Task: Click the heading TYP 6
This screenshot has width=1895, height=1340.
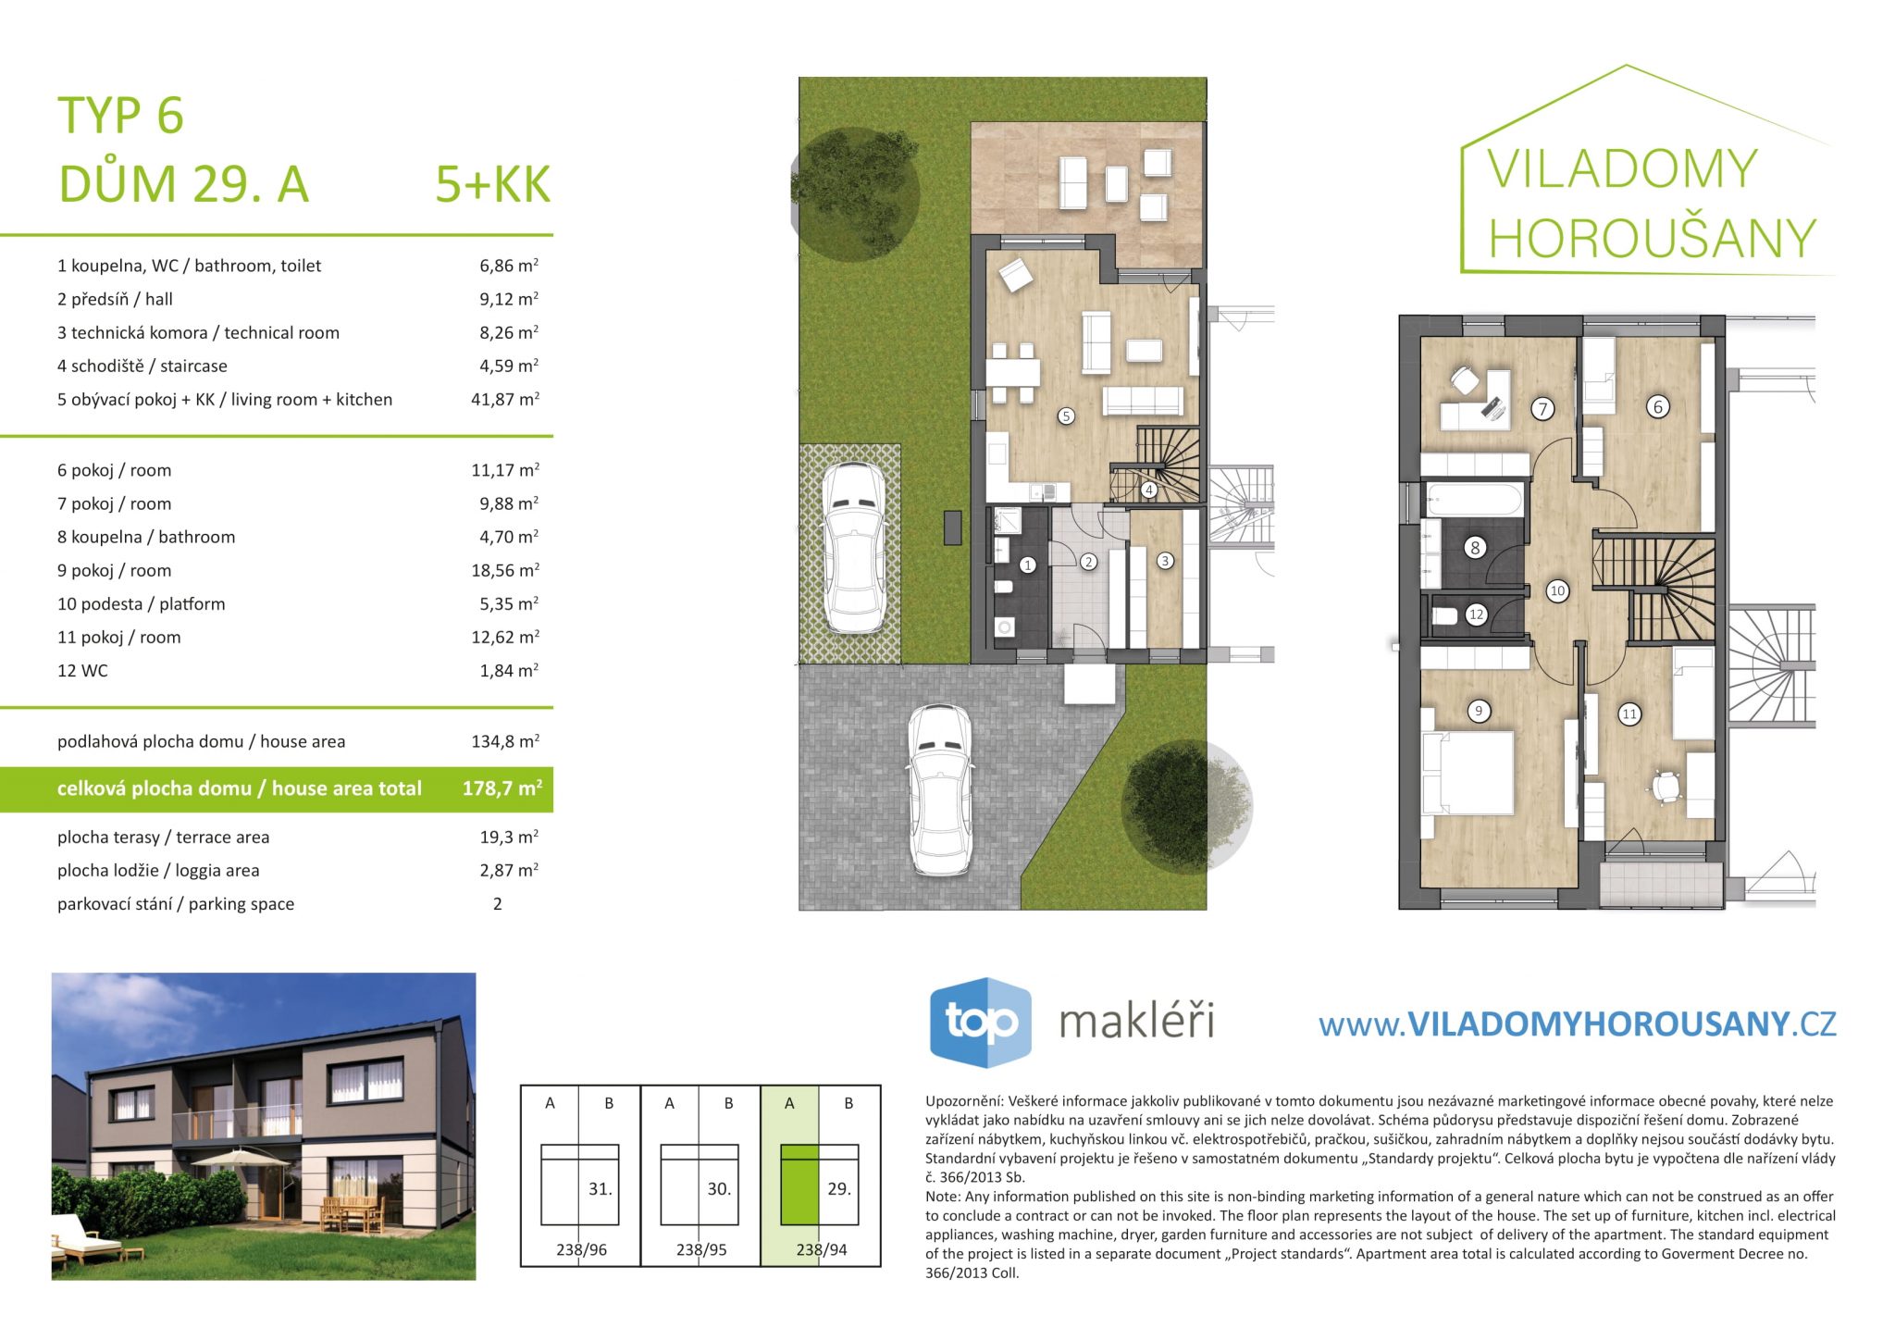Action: point(120,116)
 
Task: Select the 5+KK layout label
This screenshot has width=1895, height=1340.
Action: point(493,184)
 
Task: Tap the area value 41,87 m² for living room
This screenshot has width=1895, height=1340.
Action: point(505,399)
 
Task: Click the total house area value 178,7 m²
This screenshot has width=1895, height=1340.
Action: point(502,788)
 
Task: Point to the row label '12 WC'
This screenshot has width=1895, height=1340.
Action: point(82,671)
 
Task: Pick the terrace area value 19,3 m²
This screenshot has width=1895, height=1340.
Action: point(509,837)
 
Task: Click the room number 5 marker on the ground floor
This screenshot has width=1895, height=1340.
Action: point(1066,416)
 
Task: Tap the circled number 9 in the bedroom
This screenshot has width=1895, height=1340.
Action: point(1479,711)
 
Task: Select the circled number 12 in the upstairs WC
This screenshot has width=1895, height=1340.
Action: point(1476,614)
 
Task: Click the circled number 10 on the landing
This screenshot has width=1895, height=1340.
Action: point(1557,590)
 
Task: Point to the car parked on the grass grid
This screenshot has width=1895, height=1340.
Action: point(854,548)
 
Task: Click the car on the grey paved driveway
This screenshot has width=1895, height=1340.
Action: point(940,789)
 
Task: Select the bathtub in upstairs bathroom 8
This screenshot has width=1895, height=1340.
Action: point(1473,500)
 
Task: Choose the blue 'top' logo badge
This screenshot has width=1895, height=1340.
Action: point(980,1023)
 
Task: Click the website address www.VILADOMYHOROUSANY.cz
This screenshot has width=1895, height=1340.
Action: point(1578,1024)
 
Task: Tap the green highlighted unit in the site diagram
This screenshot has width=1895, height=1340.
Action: point(799,1185)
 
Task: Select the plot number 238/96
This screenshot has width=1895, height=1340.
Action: point(582,1249)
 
